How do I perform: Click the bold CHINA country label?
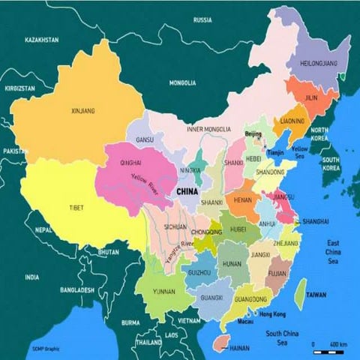(x=186, y=192)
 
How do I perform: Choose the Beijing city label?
(x=253, y=133)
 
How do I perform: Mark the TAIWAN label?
(x=316, y=295)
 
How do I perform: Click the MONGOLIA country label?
(x=181, y=82)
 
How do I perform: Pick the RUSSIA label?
(x=202, y=19)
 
